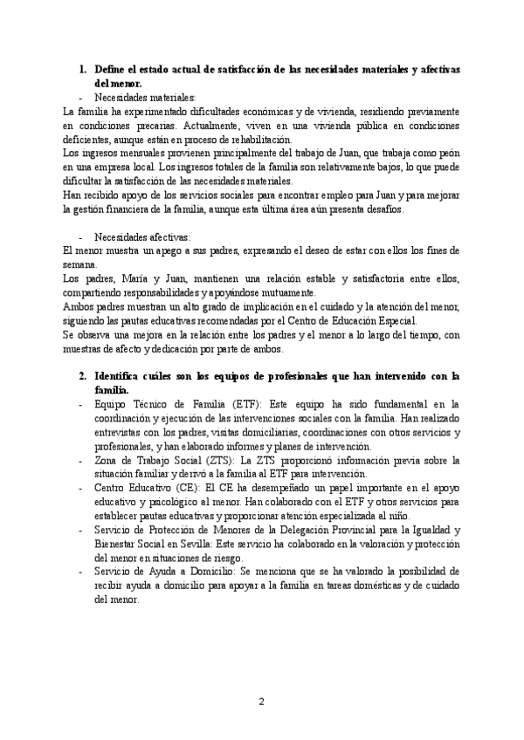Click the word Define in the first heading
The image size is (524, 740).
[111, 69]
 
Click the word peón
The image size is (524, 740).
[447, 154]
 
